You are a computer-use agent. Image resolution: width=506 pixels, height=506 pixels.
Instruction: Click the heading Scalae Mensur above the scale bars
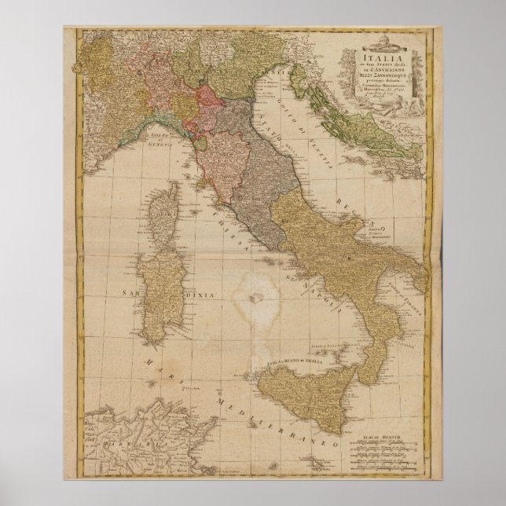pos(394,429)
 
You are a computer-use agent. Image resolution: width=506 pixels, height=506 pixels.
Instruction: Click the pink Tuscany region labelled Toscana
pos(218,157)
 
